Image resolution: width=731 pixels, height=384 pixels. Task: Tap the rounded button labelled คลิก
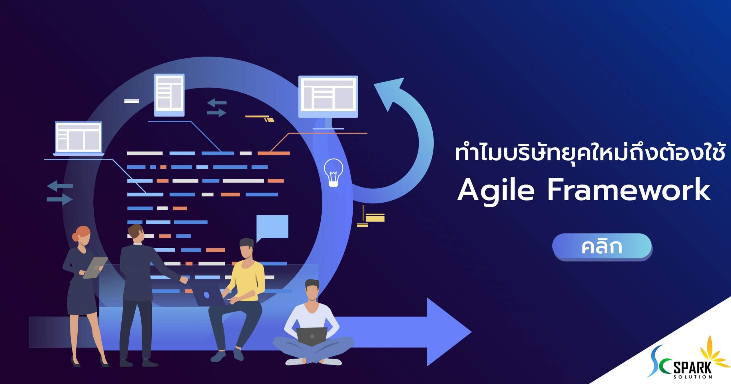(602, 247)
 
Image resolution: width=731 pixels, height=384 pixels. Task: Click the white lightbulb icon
(333, 172)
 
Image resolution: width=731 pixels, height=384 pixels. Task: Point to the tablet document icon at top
(169, 95)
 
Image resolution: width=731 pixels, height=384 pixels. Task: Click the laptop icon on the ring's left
(79, 139)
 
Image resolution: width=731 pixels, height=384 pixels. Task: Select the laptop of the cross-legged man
(312, 336)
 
